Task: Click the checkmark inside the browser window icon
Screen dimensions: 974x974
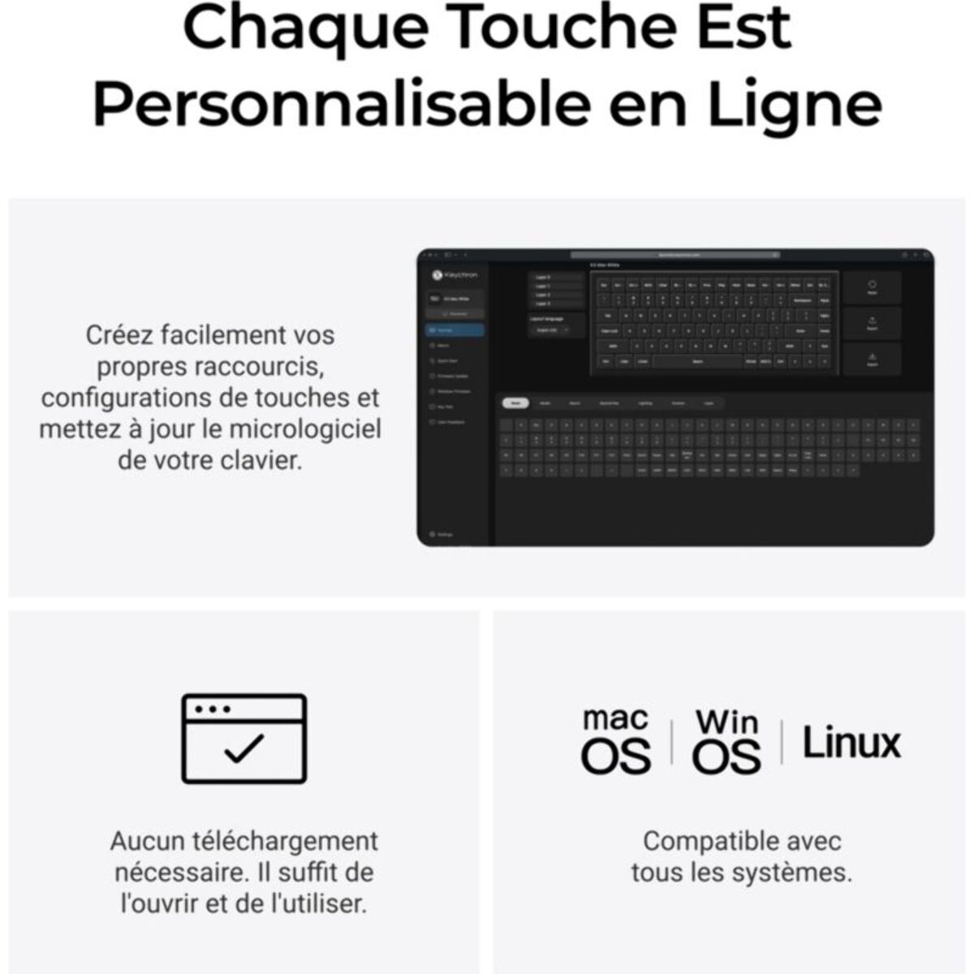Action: [243, 748]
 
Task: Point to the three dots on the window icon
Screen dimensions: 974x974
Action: [213, 709]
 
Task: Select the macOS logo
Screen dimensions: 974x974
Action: [616, 740]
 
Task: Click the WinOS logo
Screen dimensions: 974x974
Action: [726, 740]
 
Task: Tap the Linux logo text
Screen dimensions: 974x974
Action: [851, 743]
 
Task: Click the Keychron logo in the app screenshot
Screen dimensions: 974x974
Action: [455, 276]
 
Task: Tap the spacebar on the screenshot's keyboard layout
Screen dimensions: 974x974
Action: [697, 361]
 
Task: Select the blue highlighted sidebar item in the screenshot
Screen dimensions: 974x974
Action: [455, 330]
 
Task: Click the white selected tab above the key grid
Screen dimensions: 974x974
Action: [515, 403]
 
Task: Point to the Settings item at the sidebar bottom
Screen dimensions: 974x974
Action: [442, 534]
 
